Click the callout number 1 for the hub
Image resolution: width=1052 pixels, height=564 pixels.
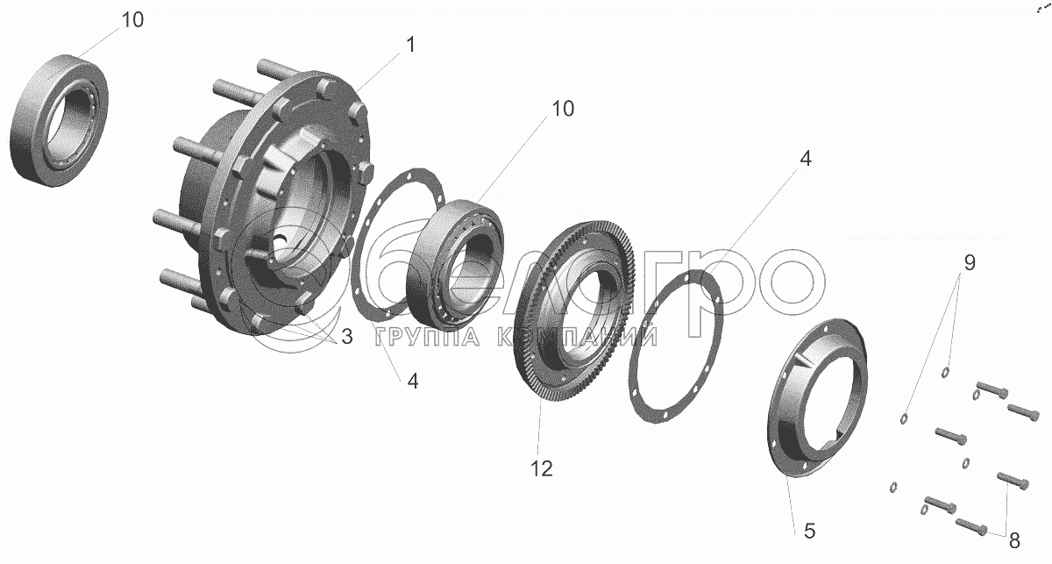click(x=411, y=45)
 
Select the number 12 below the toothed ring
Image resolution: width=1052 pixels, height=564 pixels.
click(x=542, y=468)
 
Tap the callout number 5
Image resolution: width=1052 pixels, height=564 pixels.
click(x=809, y=531)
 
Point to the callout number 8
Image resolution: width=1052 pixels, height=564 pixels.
click(x=1014, y=541)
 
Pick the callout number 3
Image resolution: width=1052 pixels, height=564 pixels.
click(x=346, y=337)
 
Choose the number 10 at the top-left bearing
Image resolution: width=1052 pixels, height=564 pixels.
click(x=132, y=20)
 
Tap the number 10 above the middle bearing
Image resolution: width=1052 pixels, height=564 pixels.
click(x=563, y=109)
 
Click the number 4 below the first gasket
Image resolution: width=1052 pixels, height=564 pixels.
click(x=412, y=382)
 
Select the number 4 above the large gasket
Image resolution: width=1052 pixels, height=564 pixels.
click(x=805, y=159)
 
